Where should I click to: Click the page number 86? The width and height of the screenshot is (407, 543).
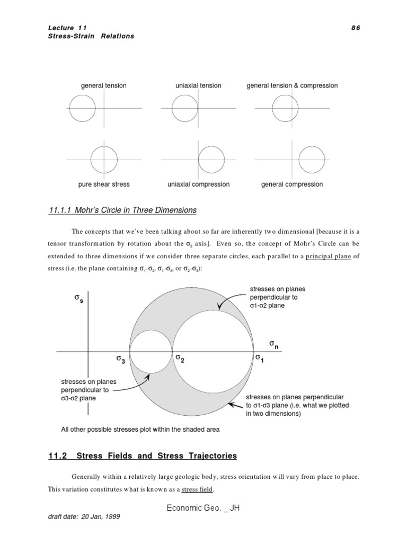355,28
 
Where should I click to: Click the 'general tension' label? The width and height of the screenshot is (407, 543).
103,85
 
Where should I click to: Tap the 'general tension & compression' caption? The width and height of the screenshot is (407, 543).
292,85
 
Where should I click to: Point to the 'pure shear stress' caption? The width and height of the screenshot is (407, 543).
103,185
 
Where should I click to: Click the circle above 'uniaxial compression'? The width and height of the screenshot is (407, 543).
210,158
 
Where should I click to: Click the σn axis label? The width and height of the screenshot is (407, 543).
273,345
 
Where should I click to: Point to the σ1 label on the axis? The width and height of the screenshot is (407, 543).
260,358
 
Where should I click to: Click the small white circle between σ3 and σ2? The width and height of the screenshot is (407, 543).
151,352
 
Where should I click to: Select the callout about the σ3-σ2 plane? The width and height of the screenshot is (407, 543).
85,390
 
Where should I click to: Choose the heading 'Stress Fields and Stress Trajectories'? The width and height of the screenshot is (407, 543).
157,456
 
